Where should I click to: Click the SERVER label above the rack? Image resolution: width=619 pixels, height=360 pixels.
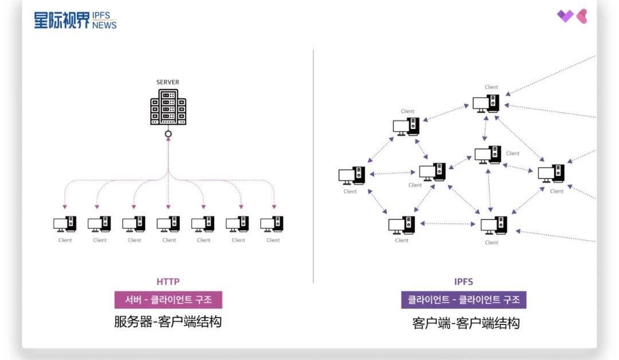168,82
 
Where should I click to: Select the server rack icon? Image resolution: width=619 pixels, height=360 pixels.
168,109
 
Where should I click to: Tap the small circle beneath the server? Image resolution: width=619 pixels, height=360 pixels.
168,135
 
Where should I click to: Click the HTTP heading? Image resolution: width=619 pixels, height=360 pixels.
168,281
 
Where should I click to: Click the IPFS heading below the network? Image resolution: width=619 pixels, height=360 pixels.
464,281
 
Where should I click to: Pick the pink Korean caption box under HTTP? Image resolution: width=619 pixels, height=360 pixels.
168,300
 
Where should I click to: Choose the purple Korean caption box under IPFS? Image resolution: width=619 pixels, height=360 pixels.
464,300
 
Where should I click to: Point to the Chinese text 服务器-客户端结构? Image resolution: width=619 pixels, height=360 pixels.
168,322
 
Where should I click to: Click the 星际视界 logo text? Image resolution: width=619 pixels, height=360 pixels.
62,21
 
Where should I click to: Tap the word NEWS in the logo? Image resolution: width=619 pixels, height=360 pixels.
104,25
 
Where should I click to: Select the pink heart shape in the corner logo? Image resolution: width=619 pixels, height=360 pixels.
581,16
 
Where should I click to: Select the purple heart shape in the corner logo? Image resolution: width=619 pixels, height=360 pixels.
565,16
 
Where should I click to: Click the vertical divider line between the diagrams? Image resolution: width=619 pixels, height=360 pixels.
314,166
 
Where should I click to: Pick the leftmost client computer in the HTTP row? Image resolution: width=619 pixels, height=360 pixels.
65,224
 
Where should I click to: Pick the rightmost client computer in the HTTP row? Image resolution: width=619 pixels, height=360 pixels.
272,224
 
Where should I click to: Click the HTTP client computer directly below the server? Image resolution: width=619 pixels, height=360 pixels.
169,224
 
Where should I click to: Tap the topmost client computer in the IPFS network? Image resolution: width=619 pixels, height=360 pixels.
486,104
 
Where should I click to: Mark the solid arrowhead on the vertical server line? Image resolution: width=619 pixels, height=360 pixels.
168,143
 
